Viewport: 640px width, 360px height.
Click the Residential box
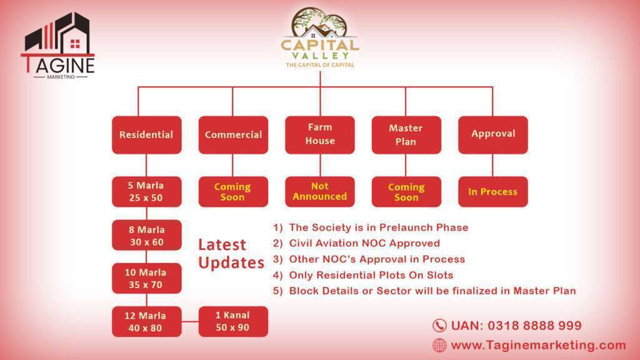[x=147, y=135]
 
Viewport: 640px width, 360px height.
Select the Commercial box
[x=234, y=135]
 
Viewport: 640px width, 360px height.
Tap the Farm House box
[x=320, y=135]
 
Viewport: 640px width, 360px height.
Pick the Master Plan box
[x=406, y=135]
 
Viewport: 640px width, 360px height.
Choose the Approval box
[x=493, y=135]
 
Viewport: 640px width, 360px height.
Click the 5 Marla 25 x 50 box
[x=147, y=192]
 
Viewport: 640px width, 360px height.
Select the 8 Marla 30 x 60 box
[x=147, y=235]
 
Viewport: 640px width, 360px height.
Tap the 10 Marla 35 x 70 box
[x=147, y=278]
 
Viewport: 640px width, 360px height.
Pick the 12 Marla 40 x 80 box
[x=147, y=322]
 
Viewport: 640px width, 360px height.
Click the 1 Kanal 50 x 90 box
[x=234, y=322]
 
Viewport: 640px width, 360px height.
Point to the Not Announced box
[x=320, y=192]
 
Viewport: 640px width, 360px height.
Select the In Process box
[x=493, y=192]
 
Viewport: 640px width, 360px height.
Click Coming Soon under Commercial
[x=234, y=192]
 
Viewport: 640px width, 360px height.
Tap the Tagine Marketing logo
[x=58, y=45]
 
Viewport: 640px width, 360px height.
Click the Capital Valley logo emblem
[x=319, y=23]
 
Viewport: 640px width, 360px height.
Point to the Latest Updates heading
[x=231, y=254]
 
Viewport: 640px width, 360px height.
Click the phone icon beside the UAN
[x=439, y=326]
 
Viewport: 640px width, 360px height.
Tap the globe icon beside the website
[x=439, y=345]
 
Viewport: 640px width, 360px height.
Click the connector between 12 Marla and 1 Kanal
[x=190, y=322]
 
